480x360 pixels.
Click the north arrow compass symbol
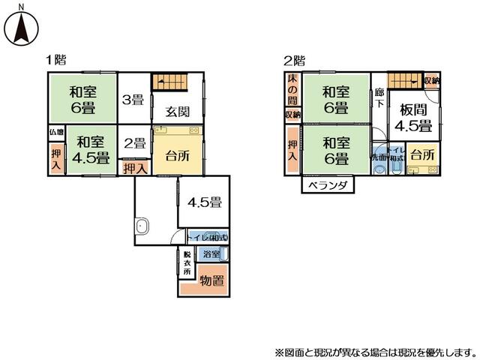[x=22, y=26]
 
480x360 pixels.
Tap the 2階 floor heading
[x=294, y=60]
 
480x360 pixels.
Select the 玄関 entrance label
[x=178, y=112]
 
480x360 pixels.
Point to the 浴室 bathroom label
[x=211, y=254]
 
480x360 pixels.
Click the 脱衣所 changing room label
[x=187, y=262]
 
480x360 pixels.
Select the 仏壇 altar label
[x=57, y=132]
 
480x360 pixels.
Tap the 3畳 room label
[x=134, y=100]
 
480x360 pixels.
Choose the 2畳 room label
[x=134, y=144]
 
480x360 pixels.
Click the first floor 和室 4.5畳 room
[x=92, y=150]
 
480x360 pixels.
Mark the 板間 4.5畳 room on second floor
[x=413, y=118]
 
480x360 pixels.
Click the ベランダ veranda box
[x=328, y=185]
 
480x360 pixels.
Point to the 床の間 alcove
[x=292, y=91]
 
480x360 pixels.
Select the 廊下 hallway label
[x=379, y=98]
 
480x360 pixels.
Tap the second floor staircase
[x=405, y=81]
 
